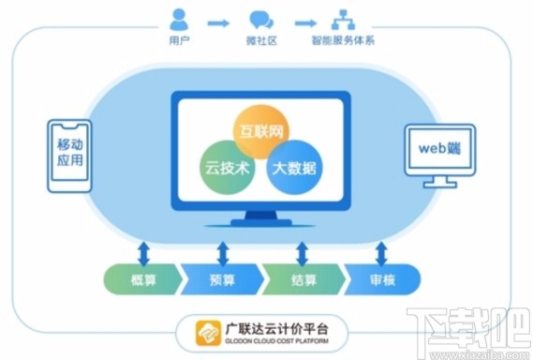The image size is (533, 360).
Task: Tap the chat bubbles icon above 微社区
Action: [x=260, y=19]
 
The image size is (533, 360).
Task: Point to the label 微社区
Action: [x=260, y=43]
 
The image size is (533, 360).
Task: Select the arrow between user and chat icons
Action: [x=219, y=20]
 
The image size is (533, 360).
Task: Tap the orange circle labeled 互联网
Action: [x=259, y=128]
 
